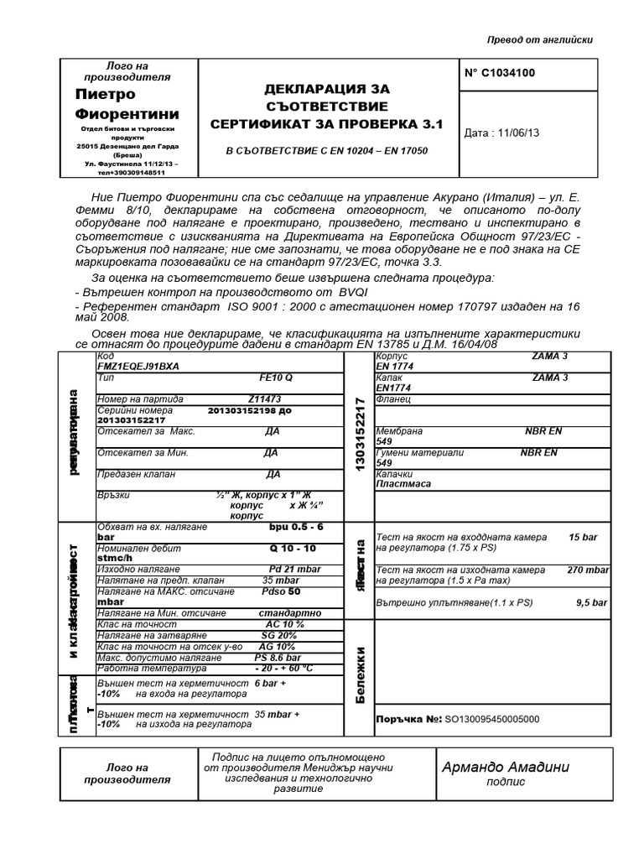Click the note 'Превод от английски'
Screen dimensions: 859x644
click(x=540, y=40)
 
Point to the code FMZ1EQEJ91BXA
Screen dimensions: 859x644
click(x=138, y=367)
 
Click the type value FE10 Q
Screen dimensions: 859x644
click(x=275, y=377)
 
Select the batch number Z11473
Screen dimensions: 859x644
click(x=265, y=399)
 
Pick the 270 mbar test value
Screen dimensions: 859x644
click(x=587, y=570)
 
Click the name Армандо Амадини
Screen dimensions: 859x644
click(x=506, y=767)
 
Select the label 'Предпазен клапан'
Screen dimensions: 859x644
click(x=137, y=474)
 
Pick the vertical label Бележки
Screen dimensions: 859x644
click(x=361, y=674)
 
